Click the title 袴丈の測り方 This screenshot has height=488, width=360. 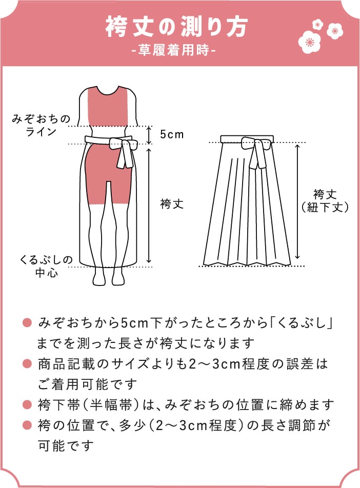(x=176, y=28)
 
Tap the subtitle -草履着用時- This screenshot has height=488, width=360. (x=173, y=50)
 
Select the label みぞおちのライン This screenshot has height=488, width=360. (x=41, y=125)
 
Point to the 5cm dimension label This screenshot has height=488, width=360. (x=172, y=134)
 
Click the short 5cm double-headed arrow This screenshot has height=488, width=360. (x=149, y=135)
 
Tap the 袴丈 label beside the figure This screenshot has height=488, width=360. (x=172, y=204)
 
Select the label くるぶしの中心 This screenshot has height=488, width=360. (x=46, y=266)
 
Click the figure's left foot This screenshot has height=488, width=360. (x=99, y=276)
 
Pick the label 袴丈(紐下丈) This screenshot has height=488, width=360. (x=325, y=201)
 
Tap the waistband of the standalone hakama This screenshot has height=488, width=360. (x=247, y=139)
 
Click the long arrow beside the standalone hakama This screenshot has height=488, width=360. (x=297, y=201)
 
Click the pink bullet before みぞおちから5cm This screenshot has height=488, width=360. (x=27, y=323)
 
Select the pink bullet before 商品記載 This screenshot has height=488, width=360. (x=27, y=363)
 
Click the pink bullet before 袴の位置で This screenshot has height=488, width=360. (x=27, y=425)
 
